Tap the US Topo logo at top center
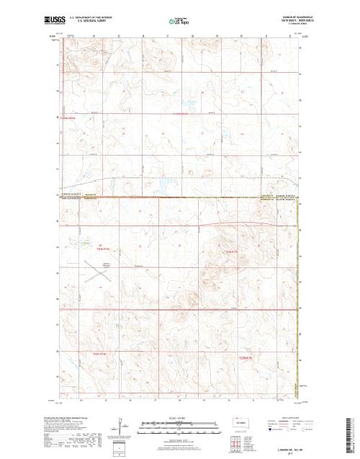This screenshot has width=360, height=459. click(181, 21)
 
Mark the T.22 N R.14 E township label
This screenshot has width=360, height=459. click(99, 354)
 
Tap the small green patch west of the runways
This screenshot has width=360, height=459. click(86, 244)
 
